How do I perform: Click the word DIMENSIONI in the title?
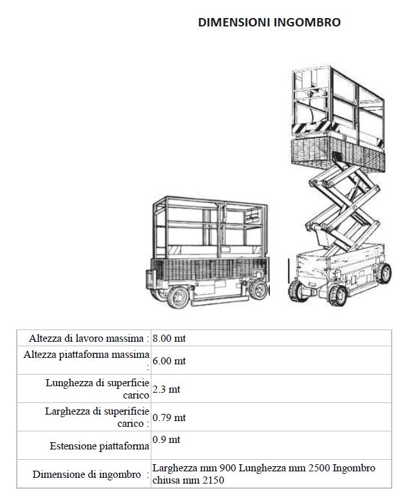coord(234,23)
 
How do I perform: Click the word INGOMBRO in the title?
coord(307,23)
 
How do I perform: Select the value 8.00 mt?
coord(169,339)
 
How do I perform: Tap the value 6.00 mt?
coord(169,361)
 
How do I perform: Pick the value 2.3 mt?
coord(166,389)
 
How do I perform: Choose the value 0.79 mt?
coord(169,418)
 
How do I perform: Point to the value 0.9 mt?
coord(166,440)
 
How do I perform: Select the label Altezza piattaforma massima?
coord(86,355)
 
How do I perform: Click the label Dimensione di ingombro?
coord(86,475)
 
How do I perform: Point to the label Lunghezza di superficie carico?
coord(97,389)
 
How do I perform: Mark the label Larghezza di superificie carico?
coord(97,417)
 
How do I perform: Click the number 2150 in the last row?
coord(213,480)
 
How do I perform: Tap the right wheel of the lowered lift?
coord(258,290)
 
